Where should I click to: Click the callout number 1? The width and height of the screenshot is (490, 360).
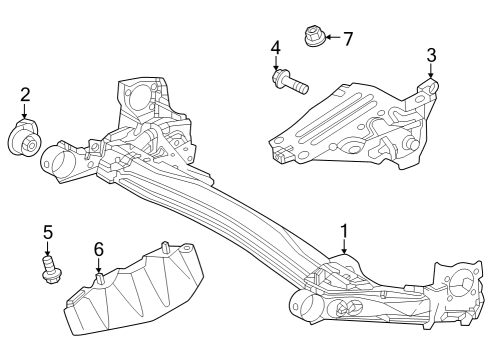tap(344, 232)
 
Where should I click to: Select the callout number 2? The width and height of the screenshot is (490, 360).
tap(25, 95)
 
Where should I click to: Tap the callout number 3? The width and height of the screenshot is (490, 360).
tap(431, 54)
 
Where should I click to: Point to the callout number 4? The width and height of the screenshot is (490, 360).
tap(275, 46)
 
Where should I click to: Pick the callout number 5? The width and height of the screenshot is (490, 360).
tap(47, 232)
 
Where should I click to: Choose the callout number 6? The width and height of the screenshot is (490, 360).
tap(98, 249)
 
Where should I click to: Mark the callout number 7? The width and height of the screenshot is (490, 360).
tap(348, 39)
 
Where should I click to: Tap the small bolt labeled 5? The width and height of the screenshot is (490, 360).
tap(47, 268)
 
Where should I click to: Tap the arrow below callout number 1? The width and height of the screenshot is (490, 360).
tap(344, 250)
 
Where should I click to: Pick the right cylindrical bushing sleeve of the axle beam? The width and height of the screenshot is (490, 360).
tap(307, 305)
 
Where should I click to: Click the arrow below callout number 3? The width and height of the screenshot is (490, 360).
tap(431, 72)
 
